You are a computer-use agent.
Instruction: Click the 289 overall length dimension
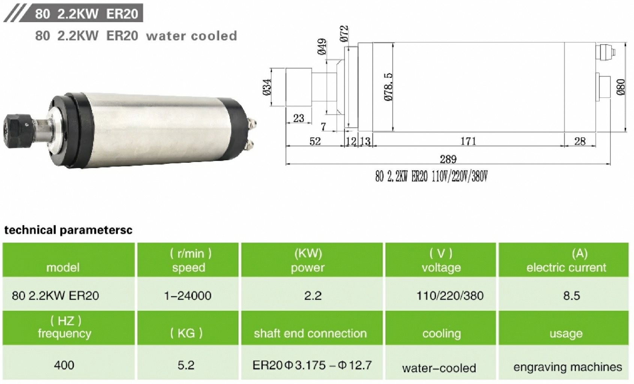(x=448, y=159)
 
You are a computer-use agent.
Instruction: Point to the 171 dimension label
(x=468, y=141)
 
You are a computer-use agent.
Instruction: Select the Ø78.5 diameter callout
(x=389, y=87)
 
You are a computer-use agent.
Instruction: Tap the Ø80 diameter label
(x=621, y=87)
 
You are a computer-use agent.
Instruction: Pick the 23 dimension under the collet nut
(x=298, y=118)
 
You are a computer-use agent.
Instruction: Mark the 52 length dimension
(x=315, y=141)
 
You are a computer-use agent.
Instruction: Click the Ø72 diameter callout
(x=344, y=34)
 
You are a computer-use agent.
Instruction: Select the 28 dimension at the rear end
(x=580, y=141)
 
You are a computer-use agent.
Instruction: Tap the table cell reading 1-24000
(x=188, y=295)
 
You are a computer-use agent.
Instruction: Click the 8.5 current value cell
(x=571, y=295)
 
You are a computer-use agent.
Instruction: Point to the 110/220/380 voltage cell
(x=450, y=295)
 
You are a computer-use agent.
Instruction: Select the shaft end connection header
(x=310, y=333)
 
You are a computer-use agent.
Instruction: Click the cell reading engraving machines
(x=568, y=367)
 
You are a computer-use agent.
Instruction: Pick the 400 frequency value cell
(x=64, y=365)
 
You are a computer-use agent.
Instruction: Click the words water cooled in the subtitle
(x=191, y=36)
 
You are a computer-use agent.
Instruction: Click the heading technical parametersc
(x=68, y=230)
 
